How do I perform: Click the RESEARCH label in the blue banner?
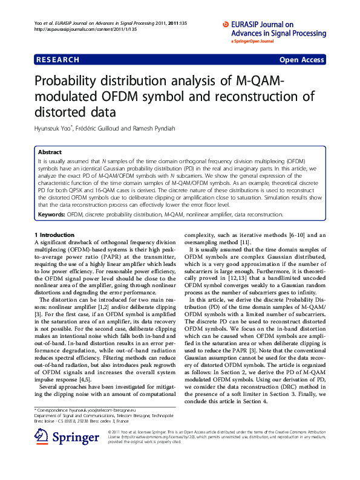click(x=57, y=60)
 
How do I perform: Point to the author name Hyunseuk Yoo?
click(x=53, y=128)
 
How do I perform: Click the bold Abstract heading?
click(x=49, y=152)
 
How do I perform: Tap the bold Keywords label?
click(x=51, y=214)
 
